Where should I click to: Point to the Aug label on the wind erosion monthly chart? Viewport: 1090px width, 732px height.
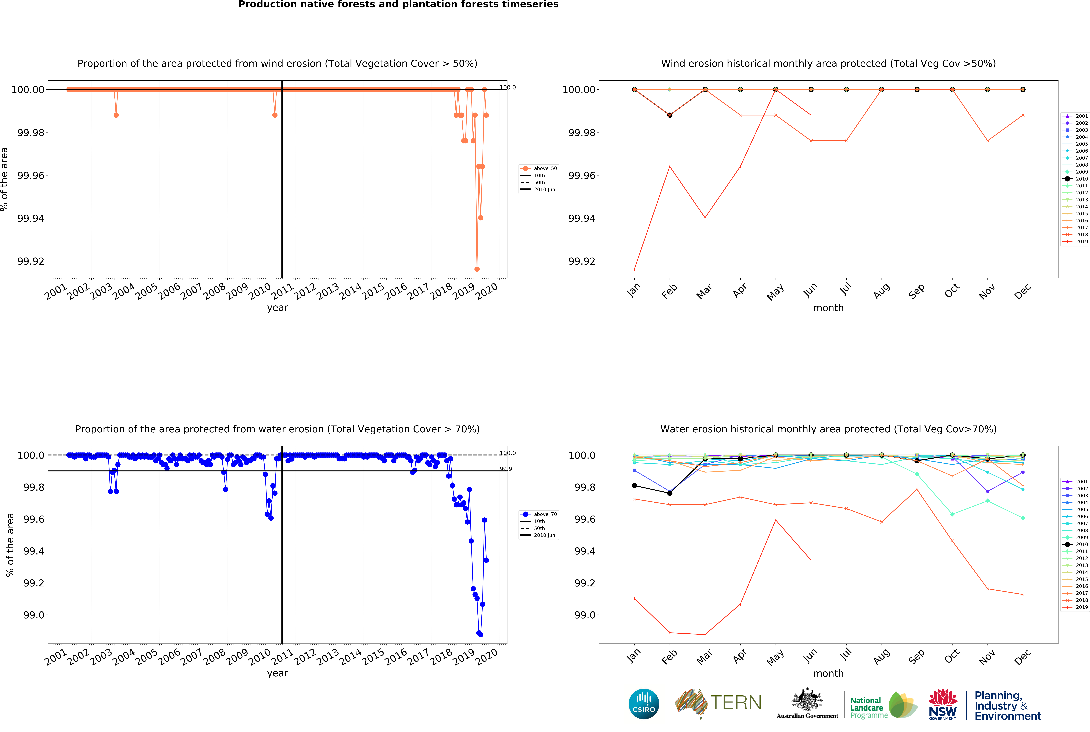tap(881, 291)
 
